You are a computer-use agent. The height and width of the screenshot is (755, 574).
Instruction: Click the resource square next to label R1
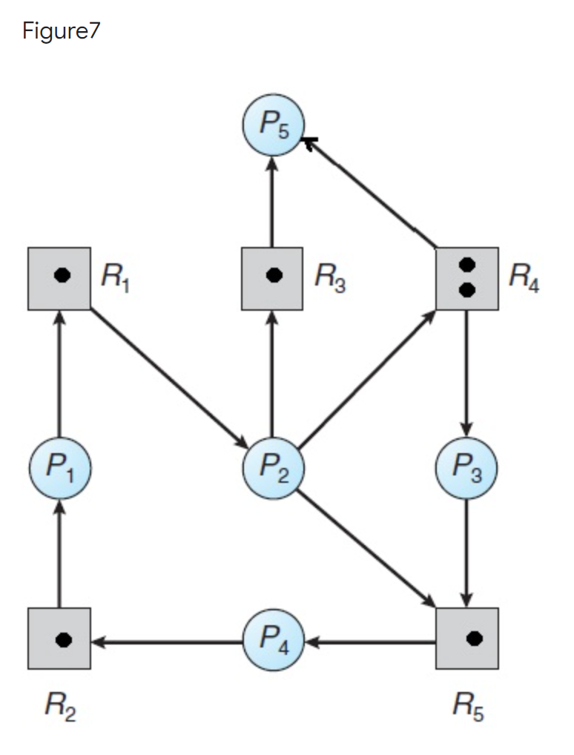click(59, 279)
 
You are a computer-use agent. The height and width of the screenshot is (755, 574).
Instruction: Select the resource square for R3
click(272, 279)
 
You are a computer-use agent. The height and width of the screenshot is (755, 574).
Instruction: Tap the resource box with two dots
click(466, 279)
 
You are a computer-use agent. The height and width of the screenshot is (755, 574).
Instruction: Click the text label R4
click(524, 279)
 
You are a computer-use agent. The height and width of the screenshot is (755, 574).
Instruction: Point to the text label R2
click(59, 708)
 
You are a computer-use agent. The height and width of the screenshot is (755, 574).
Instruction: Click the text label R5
click(466, 708)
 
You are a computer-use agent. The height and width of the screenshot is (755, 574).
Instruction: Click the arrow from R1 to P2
click(168, 378)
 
